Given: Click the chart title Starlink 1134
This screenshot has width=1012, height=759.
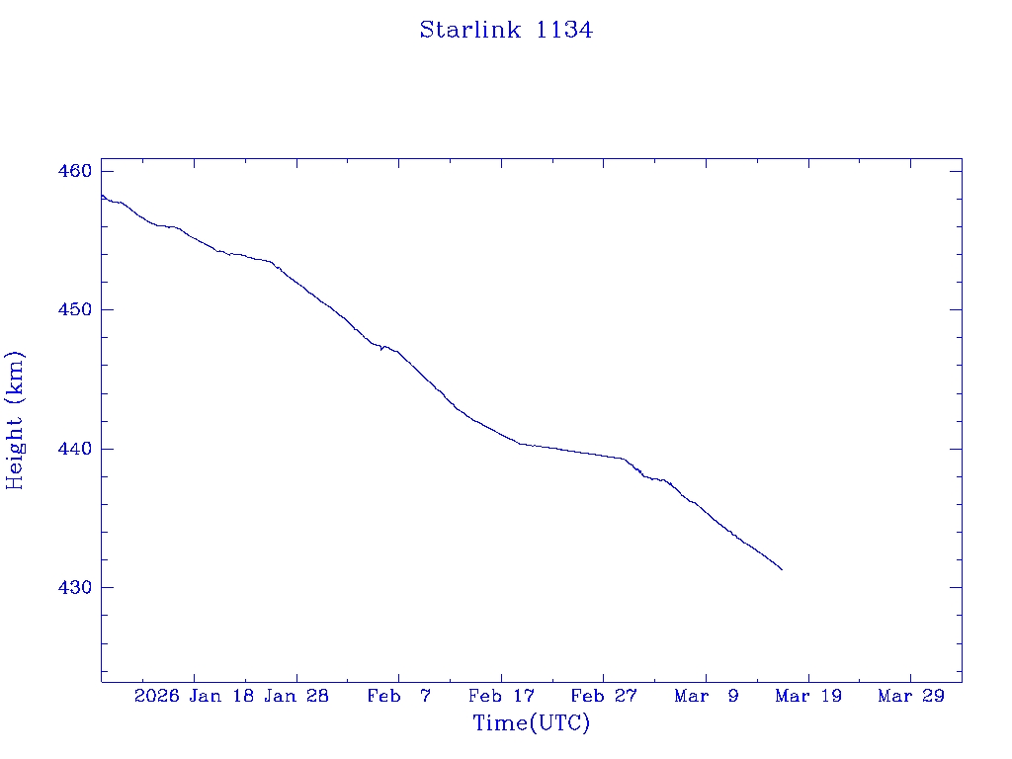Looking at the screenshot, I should tap(506, 30).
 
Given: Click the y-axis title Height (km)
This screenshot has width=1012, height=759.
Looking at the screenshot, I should tap(15, 420).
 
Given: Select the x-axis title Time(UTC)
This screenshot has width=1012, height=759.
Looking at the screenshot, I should tap(532, 723).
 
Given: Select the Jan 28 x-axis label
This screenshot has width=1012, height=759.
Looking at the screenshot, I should tap(296, 696).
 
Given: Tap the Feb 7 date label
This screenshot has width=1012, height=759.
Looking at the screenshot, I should tap(399, 696).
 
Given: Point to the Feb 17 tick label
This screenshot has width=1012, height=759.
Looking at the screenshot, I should tap(501, 696).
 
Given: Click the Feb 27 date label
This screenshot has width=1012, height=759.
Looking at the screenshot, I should tap(604, 696).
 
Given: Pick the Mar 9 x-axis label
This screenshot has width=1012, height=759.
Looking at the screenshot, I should tap(707, 696).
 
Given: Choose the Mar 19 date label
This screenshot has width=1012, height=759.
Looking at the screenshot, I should tap(808, 696).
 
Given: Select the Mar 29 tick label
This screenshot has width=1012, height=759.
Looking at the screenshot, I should tap(911, 696).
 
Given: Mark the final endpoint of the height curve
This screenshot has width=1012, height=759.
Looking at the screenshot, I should tap(782, 569).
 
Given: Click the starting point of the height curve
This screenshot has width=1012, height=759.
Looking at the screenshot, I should tap(102, 195).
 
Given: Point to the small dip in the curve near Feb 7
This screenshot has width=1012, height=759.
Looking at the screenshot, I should tap(381, 349).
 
